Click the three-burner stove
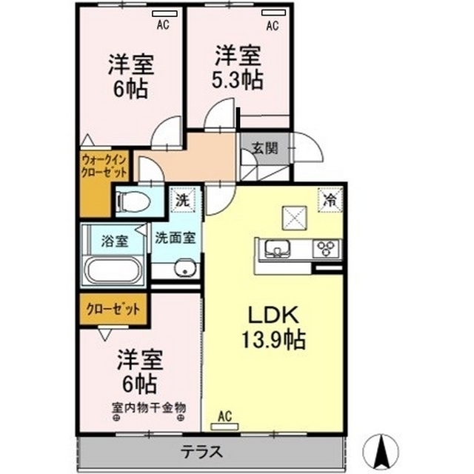pyautogui.click(x=326, y=249)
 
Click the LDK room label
pyautogui.click(x=268, y=315)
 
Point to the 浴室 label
pyautogui.click(x=115, y=241)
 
